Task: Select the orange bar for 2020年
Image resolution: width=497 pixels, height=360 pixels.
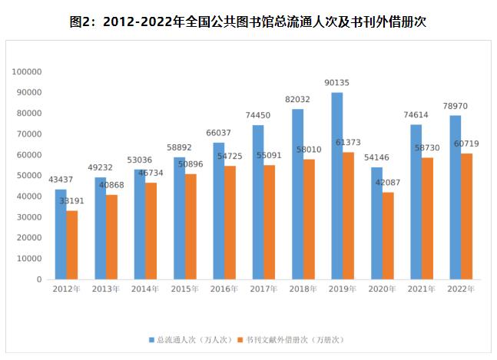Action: click(x=388, y=236)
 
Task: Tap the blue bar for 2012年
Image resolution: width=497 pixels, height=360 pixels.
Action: click(x=61, y=234)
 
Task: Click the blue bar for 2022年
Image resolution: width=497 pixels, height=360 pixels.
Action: click(x=455, y=197)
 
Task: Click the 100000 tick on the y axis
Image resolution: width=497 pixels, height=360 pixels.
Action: click(x=27, y=71)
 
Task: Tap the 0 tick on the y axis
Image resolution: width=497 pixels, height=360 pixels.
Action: click(x=38, y=279)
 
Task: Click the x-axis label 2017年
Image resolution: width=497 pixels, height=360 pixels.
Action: click(x=263, y=289)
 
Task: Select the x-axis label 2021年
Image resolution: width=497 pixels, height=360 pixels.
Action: click(x=421, y=289)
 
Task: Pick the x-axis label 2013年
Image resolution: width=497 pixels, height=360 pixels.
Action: click(x=106, y=289)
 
